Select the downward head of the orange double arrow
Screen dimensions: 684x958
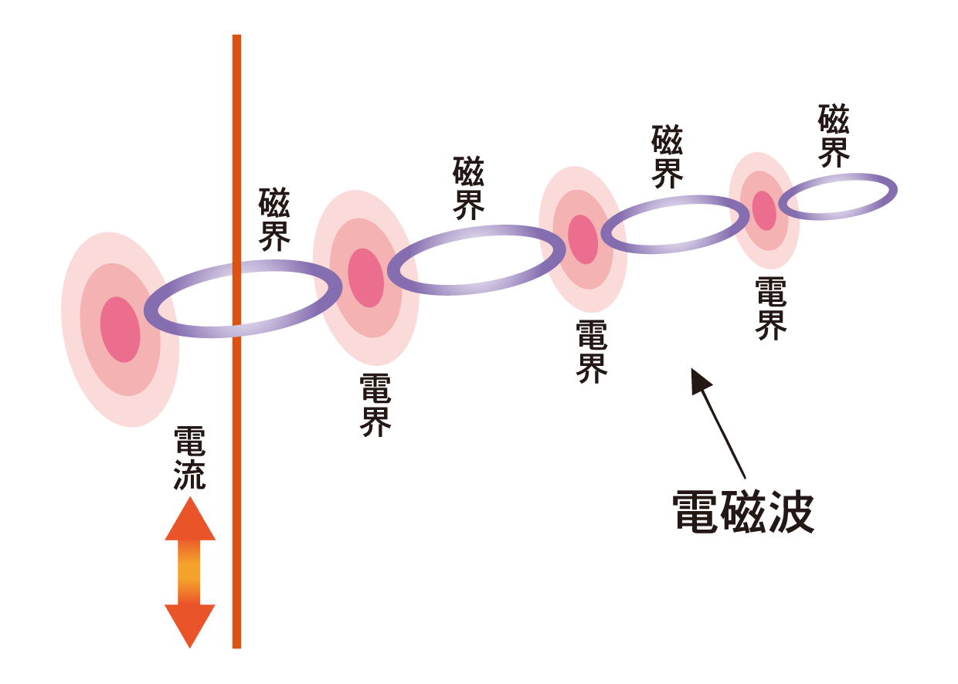pyautogui.click(x=190, y=625)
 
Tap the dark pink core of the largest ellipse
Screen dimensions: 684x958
pyautogui.click(x=121, y=330)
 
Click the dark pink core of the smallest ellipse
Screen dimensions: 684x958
pyautogui.click(x=764, y=209)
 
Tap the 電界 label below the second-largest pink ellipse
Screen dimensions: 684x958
pyautogui.click(x=376, y=405)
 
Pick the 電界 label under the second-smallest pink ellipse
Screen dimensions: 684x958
pyautogui.click(x=592, y=351)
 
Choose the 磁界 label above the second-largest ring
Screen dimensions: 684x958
pyautogui.click(x=468, y=188)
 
